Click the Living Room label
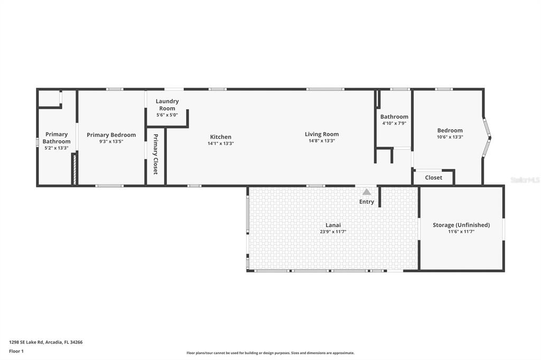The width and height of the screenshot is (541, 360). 321,134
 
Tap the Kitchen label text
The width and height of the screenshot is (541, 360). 220,137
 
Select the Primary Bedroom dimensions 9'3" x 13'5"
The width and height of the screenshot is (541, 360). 111,141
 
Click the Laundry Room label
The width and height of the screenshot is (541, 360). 167,105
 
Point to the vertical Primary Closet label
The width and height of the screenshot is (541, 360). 156,154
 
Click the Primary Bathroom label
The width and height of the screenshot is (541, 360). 57,138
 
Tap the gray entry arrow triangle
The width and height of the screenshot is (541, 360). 367,192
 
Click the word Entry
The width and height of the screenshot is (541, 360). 367,202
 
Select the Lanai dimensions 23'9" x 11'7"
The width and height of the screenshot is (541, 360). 333,231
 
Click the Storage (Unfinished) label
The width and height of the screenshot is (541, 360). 461,225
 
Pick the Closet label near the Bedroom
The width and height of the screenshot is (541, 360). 433,178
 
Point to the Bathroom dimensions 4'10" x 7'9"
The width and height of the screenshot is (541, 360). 394,123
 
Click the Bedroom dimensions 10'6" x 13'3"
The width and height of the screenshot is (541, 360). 450,137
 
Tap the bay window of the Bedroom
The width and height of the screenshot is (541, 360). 487,138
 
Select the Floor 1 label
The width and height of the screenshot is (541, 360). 16,350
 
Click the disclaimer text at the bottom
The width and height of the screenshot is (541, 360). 270,353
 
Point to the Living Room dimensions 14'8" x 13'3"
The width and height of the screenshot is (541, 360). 321,140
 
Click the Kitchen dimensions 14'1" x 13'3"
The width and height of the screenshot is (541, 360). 220,143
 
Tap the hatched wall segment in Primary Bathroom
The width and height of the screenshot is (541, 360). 74,169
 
